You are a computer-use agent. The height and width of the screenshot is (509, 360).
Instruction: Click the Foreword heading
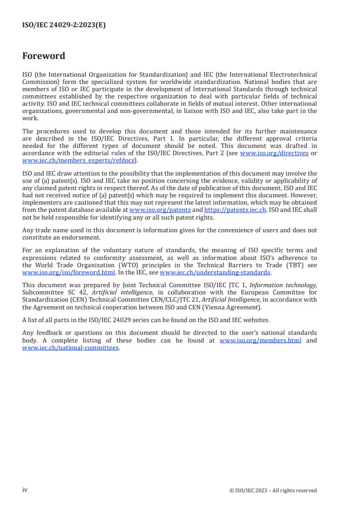click(44, 56)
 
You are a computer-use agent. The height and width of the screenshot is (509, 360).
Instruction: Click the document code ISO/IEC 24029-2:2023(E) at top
click(64, 25)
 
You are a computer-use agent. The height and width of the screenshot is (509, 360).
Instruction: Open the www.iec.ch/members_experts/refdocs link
click(79, 160)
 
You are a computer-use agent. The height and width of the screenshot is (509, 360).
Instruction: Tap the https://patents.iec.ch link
click(235, 210)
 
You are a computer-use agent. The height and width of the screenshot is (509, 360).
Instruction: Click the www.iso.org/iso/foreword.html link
click(69, 273)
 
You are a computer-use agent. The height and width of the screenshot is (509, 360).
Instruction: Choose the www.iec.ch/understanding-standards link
click(215, 273)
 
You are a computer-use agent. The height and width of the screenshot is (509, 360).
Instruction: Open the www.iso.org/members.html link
click(260, 341)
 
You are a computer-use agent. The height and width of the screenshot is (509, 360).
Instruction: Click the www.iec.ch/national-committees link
click(70, 348)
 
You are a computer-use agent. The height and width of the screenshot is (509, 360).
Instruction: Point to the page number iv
click(25, 490)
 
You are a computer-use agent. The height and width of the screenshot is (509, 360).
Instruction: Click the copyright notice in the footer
click(273, 490)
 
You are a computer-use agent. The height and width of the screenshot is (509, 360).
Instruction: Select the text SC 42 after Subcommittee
click(78, 292)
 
